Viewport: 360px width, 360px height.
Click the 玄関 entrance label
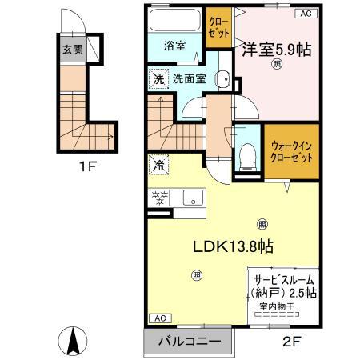tap(73, 49)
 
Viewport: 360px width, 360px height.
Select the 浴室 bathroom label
tap(176, 46)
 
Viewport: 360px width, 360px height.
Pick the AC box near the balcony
tap(159, 318)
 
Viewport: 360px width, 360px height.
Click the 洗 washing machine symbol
tap(158, 79)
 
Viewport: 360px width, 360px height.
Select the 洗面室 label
tap(193, 79)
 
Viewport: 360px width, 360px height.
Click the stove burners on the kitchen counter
tap(158, 198)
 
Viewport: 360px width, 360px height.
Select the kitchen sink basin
tap(192, 198)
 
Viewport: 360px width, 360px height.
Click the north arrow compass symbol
tap(73, 342)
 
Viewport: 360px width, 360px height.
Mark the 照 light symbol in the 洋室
tap(277, 63)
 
